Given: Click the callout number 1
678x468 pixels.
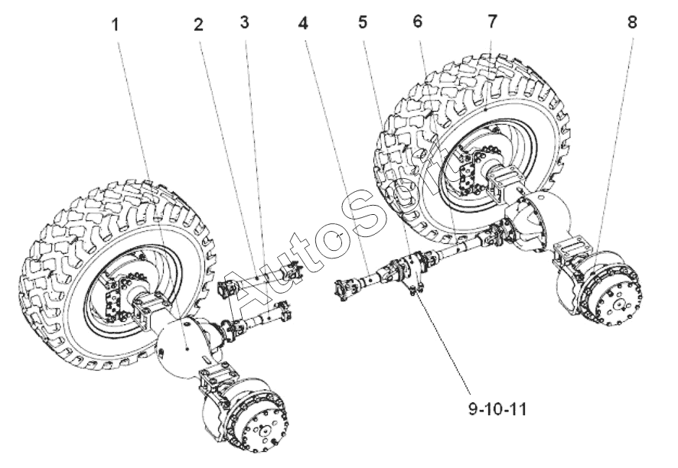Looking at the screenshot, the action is tap(115, 25).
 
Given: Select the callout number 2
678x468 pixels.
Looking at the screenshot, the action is tap(198, 24).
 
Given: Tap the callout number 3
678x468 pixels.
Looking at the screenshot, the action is tap(245, 22).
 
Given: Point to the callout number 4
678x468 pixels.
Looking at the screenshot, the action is tap(304, 23).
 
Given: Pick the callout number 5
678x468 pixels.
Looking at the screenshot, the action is tap(363, 22).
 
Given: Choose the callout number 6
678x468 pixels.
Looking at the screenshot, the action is tap(417, 21).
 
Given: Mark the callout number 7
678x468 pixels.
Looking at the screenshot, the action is tap(493, 21).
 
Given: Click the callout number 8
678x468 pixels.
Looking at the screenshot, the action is tap(632, 22).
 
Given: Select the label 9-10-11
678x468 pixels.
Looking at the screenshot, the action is tap(497, 409).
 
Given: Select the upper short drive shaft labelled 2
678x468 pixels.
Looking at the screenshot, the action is tap(259, 280).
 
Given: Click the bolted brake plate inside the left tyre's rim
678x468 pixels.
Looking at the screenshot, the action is tap(115, 298).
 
